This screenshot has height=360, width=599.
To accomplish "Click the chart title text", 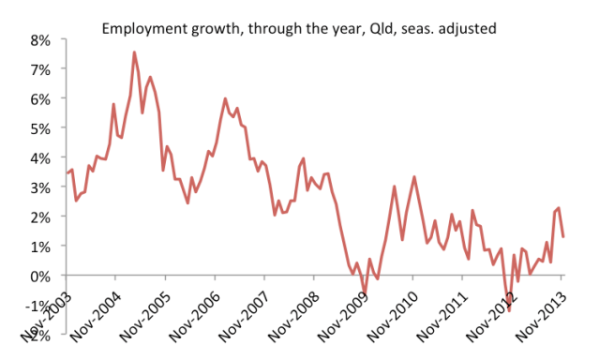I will (x=298, y=29).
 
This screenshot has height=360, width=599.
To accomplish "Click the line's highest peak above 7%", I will (x=134, y=52).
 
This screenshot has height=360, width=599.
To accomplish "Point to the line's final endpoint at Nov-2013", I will (x=562, y=236).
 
